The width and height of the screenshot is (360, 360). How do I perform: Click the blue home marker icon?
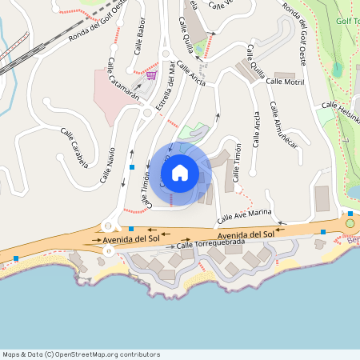[180, 173]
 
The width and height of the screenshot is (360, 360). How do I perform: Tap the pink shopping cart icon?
[150, 75]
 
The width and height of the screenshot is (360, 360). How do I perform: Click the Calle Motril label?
[285, 82]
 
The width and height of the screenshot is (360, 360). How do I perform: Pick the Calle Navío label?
[107, 166]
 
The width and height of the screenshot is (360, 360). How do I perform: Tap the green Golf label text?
[346, 22]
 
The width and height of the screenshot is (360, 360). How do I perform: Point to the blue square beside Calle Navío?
[131, 166]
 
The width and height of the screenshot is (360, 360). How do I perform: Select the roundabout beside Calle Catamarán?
[145, 113]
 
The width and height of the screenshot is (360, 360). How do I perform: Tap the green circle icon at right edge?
[350, 223]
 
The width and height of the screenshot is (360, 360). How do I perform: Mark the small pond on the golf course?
[337, 70]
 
